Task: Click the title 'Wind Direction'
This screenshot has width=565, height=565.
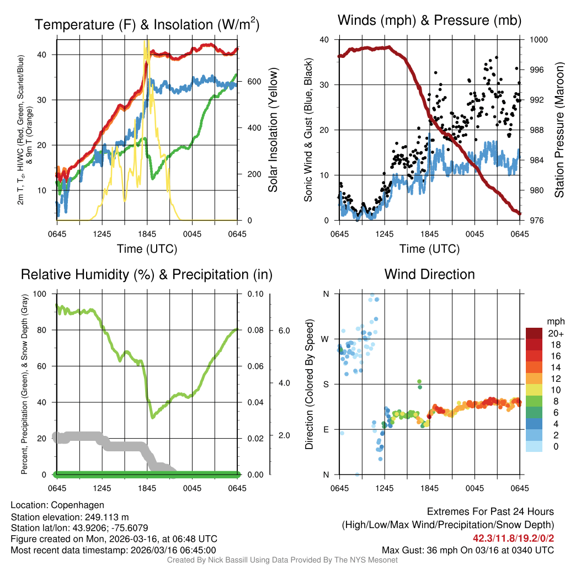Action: point(429,274)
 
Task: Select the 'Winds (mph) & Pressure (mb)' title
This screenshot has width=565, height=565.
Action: point(429,21)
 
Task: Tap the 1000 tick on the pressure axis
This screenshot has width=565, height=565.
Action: point(539,40)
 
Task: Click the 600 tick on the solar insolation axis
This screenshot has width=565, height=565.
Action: point(254,82)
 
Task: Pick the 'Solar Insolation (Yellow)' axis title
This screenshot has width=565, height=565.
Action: point(273,130)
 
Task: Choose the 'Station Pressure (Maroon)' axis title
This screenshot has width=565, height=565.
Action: point(558,130)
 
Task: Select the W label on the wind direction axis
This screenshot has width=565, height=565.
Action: point(325,339)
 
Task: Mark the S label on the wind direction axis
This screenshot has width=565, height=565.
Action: point(326,384)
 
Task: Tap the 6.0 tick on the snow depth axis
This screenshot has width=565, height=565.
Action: point(284,330)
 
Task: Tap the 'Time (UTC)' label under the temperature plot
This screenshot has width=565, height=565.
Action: point(147,249)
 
